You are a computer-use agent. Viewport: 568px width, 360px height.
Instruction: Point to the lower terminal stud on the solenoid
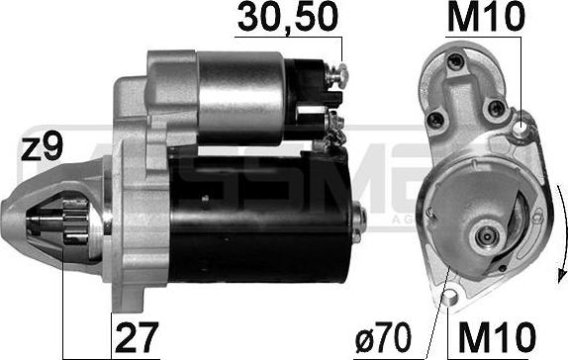point(333,123)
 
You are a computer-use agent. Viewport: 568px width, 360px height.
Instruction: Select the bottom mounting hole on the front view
point(450,294)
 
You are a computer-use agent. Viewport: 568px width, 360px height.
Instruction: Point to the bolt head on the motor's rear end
point(357,211)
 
